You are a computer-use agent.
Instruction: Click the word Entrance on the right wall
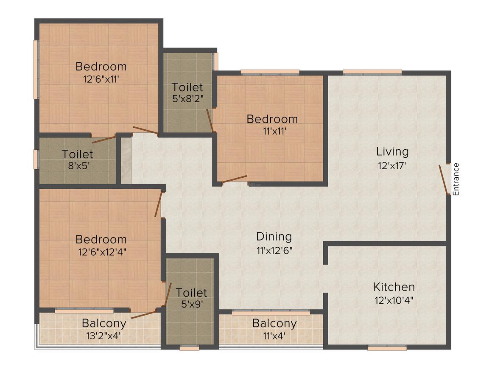(456, 179)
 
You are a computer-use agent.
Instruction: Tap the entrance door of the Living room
(443, 180)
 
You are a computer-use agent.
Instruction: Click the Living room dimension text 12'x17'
(392, 165)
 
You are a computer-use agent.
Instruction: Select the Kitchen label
(394, 287)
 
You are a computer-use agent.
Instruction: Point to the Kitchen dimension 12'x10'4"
(394, 300)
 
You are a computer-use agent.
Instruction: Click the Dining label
(274, 237)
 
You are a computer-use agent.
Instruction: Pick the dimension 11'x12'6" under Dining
(274, 250)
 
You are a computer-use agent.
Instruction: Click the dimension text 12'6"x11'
(101, 79)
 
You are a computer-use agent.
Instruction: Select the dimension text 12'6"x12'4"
(102, 252)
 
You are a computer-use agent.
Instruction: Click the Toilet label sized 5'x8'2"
(187, 87)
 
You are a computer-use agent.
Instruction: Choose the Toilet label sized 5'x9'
(191, 292)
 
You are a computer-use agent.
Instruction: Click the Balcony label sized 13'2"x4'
(104, 323)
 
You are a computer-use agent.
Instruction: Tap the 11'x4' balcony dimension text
(274, 336)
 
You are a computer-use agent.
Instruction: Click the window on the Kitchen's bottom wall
(387, 347)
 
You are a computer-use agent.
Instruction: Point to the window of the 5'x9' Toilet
(190, 348)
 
